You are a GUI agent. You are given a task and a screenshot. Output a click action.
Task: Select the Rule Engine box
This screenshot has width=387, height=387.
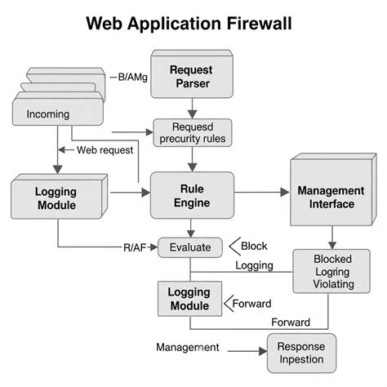tap(191, 196)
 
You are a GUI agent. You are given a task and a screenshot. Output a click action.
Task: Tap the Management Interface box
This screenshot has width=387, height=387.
tap(325, 197)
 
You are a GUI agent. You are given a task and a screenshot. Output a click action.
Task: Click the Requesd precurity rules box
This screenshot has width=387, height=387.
tap(192, 133)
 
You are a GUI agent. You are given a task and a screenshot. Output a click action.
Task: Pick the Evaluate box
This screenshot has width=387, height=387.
tap(189, 247)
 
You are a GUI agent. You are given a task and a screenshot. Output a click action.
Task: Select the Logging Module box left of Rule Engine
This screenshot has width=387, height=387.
tap(56, 198)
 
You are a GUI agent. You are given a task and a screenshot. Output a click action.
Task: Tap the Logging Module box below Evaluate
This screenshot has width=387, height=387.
tap(189, 298)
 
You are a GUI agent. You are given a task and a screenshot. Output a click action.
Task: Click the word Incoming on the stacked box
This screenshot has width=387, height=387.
tap(48, 113)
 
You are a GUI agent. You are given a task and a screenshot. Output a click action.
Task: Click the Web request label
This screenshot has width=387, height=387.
tap(105, 150)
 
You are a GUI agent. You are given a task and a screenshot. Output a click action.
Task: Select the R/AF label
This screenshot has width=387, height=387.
tap(135, 247)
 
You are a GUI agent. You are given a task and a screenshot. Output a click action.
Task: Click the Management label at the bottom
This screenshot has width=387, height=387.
tap(187, 347)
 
